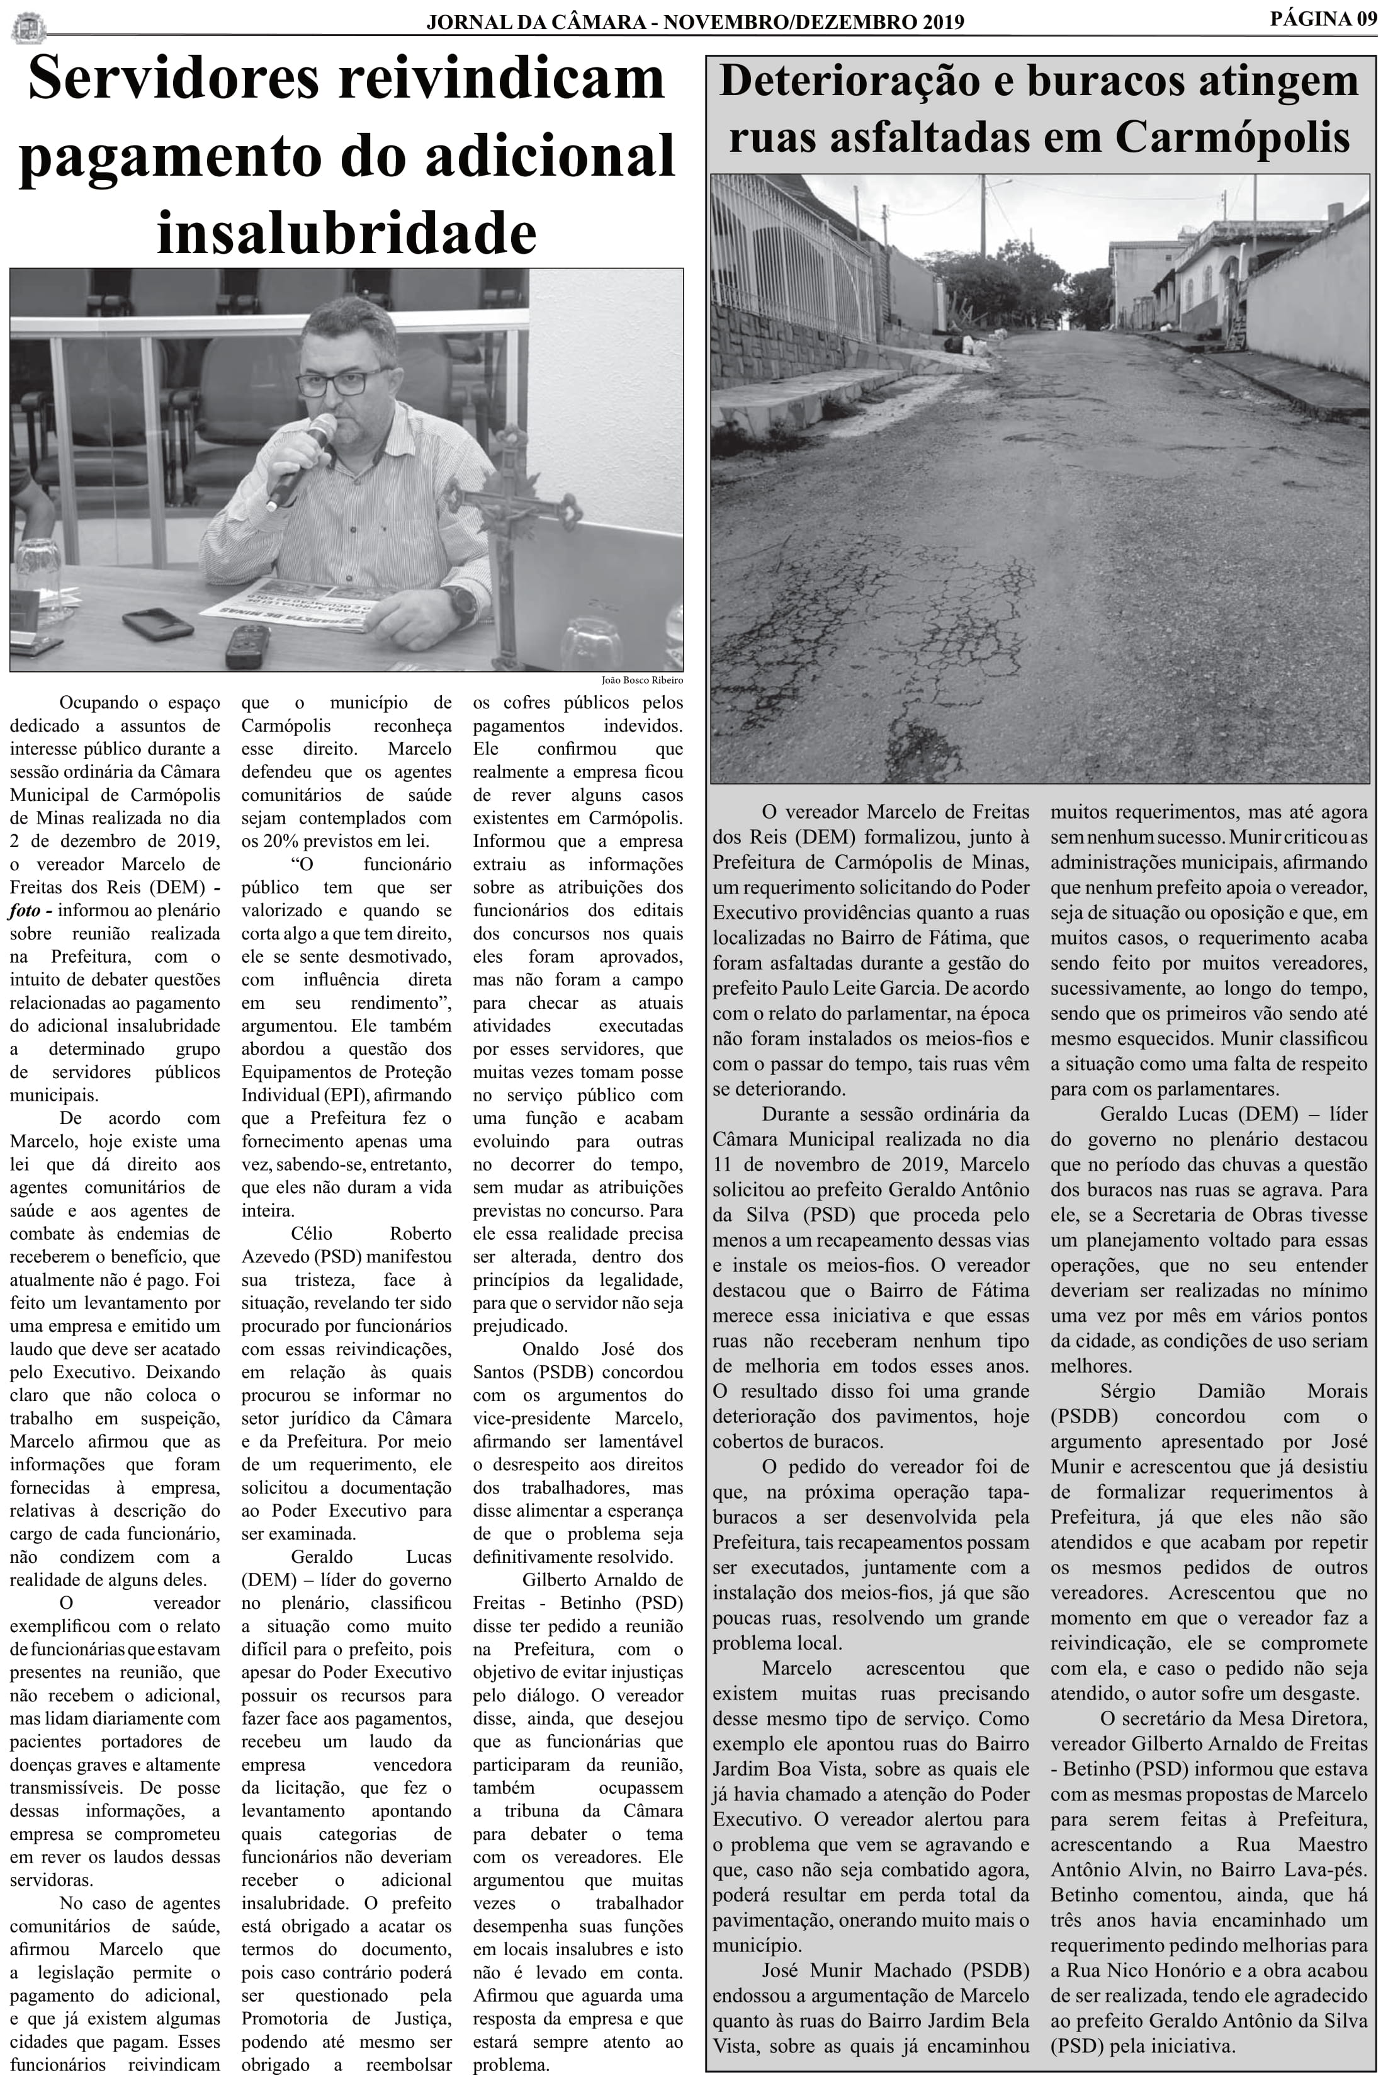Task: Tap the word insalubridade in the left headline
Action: [346, 233]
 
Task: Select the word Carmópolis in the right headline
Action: [1233, 137]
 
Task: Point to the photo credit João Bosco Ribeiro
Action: [642, 680]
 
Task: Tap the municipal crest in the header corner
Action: [26, 26]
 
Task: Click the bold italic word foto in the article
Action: [26, 910]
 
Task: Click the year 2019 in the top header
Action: [935, 22]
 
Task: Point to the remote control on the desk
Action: [247, 646]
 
